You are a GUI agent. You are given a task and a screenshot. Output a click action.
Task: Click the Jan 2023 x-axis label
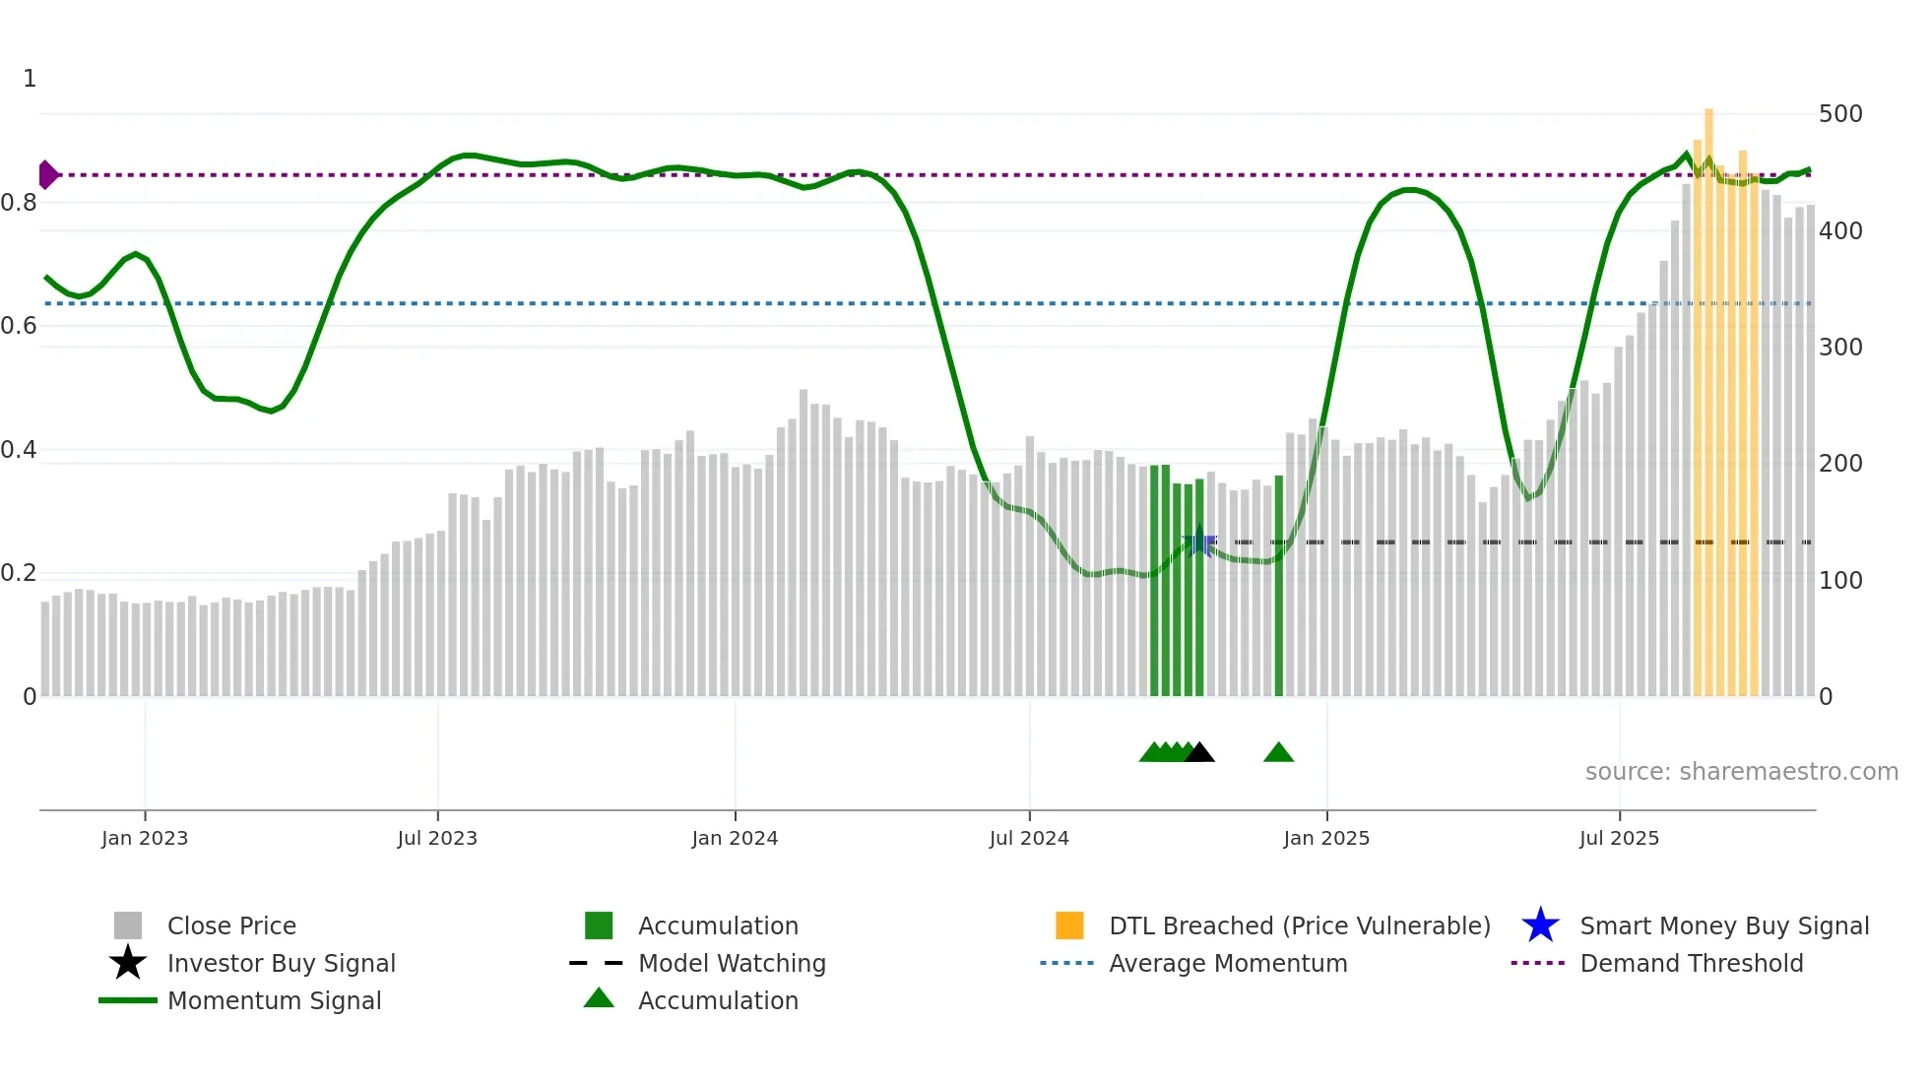tap(145, 838)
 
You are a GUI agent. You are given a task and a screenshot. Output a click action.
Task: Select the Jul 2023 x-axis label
tap(437, 838)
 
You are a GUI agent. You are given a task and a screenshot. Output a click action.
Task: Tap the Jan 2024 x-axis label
tap(735, 838)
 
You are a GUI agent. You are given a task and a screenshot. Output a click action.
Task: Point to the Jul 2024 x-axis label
tap(1029, 838)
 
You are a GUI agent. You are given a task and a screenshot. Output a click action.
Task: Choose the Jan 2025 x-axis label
tap(1326, 838)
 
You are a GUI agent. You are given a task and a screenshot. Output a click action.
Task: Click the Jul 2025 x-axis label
tap(1619, 838)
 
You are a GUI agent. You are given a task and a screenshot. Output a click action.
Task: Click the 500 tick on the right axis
tap(1840, 114)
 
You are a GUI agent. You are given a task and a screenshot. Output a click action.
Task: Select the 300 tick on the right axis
tap(1840, 348)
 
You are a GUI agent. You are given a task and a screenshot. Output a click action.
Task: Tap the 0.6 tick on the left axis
tap(19, 326)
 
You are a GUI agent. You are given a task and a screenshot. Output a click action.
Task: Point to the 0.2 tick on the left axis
tap(19, 573)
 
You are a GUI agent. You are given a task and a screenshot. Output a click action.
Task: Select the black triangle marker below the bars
tap(1199, 753)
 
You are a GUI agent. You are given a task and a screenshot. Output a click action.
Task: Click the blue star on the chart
tap(1198, 542)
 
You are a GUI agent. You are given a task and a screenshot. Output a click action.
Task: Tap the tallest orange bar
tap(1708, 394)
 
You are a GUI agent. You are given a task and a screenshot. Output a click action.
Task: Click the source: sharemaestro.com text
tap(1741, 772)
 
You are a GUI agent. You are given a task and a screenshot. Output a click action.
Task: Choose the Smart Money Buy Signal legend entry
tap(1723, 926)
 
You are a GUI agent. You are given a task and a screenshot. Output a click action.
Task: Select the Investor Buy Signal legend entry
tap(281, 964)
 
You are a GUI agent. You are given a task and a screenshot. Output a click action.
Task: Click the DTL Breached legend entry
tap(1299, 926)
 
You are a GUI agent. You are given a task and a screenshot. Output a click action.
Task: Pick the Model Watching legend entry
tap(732, 964)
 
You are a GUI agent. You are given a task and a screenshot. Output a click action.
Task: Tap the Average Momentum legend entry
tap(1227, 964)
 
